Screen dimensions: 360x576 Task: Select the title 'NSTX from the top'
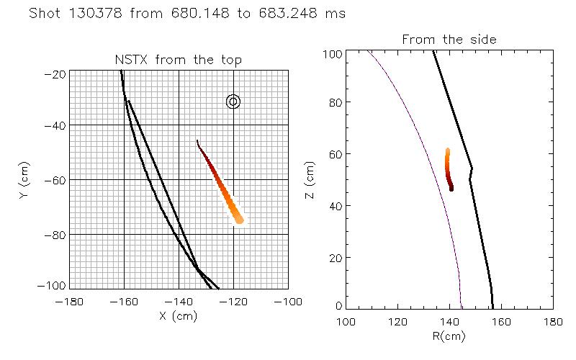179,60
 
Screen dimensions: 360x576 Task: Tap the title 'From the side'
449,39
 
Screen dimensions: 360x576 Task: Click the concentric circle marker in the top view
233,102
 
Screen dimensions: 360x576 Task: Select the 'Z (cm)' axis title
311,180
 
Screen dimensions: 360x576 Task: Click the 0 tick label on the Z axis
338,305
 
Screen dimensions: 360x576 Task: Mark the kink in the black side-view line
471,170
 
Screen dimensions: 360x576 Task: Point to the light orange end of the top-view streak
239,219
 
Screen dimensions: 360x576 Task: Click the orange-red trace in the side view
449,169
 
